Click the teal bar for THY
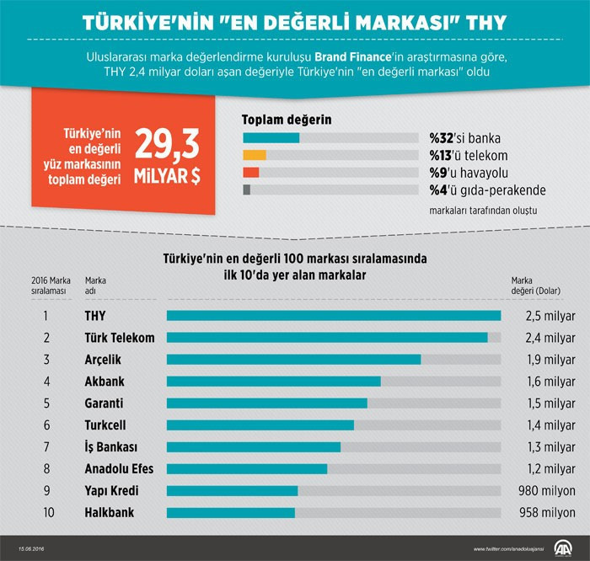click(x=334, y=316)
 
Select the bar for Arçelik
click(x=293, y=359)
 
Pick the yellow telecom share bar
click(x=254, y=155)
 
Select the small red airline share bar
click(x=250, y=172)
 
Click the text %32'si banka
click(x=460, y=138)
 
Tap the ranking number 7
click(x=46, y=446)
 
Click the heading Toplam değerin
click(x=287, y=120)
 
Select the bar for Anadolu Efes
click(x=247, y=468)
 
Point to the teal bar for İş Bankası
click(x=254, y=446)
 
